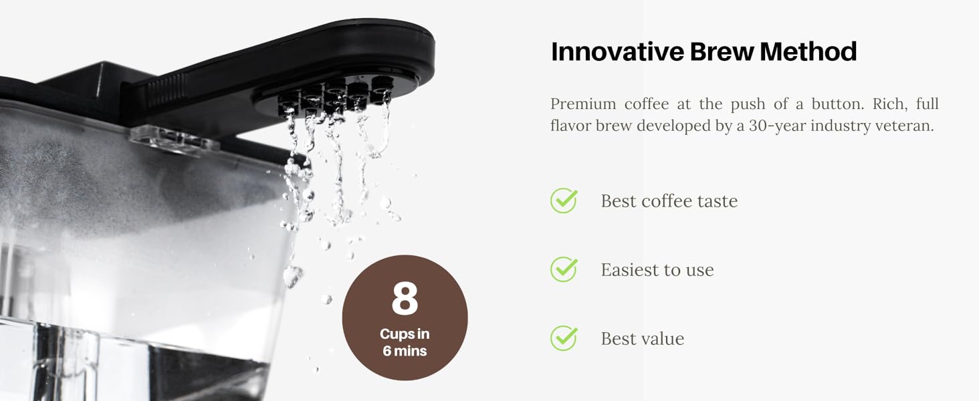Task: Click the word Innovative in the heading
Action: (x=617, y=51)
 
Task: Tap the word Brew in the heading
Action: (x=722, y=51)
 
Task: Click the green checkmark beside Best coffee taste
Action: (x=564, y=200)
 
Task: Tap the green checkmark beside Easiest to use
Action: (x=564, y=269)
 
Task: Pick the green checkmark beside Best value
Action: (x=564, y=338)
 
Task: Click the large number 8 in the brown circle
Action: (x=405, y=298)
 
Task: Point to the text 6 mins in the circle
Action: (x=405, y=351)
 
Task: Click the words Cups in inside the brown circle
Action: (x=405, y=334)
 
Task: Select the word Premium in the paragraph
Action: (x=583, y=104)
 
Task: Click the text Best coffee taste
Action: (x=669, y=201)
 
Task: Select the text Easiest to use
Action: (x=657, y=270)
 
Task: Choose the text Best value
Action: (x=643, y=339)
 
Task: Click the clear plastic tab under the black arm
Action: (x=175, y=140)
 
